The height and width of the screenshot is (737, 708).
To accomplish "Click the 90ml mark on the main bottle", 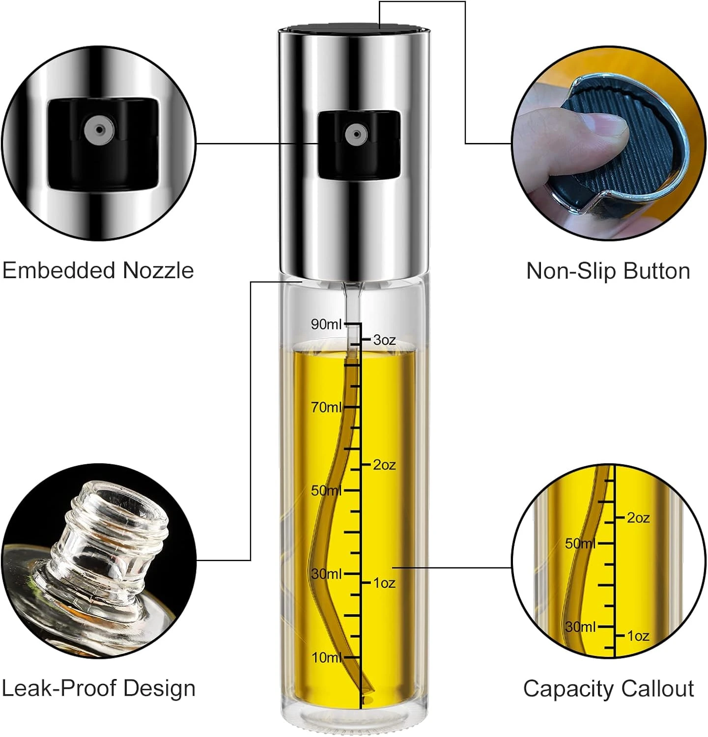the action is click(x=326, y=324).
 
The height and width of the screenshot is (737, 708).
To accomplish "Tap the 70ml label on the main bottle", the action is click(x=326, y=407).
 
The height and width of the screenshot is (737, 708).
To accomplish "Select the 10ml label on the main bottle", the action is click(x=326, y=657).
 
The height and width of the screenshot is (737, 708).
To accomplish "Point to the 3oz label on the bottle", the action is click(x=384, y=340).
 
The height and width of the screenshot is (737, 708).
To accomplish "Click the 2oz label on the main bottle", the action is click(x=384, y=464).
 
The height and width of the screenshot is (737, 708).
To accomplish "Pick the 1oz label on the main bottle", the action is click(x=384, y=583).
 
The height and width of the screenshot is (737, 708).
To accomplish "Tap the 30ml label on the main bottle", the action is click(x=326, y=573).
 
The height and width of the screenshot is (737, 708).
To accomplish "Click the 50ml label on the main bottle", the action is click(x=326, y=490).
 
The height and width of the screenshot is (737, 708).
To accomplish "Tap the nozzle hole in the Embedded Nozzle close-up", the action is click(x=99, y=130).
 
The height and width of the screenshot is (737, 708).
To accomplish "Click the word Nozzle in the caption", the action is click(x=158, y=271).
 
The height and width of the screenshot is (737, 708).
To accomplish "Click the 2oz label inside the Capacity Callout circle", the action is click(x=638, y=518).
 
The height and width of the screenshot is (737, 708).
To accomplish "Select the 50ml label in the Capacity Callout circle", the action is click(x=580, y=543).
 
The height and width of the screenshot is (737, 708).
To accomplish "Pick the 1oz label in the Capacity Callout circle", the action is click(x=638, y=636).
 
